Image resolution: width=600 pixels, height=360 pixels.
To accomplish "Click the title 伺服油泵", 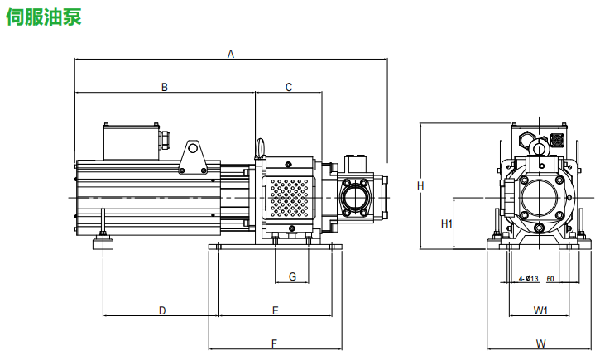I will click(x=43, y=17).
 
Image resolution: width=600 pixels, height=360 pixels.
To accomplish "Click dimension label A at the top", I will click(x=231, y=55).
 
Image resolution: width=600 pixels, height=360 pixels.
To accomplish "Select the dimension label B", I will click(x=165, y=87).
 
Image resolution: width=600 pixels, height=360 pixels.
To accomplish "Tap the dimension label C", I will click(x=289, y=87).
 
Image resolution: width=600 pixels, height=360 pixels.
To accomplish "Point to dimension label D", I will click(x=162, y=310).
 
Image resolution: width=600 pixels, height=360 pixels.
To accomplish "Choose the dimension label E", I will click(x=276, y=310).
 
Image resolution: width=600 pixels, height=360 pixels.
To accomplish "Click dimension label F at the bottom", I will click(x=275, y=343).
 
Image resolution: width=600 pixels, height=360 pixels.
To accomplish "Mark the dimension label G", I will click(x=292, y=276).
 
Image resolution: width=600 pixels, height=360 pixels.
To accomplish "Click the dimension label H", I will click(x=420, y=185).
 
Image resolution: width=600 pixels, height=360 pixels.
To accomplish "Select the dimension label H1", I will click(x=445, y=223).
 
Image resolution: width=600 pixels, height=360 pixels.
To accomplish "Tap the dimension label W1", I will click(x=540, y=310).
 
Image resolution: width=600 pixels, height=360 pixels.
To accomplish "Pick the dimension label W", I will click(x=540, y=343).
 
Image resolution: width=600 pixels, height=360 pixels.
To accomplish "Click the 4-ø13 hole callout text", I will click(x=528, y=279).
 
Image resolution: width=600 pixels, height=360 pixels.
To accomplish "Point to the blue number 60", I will click(x=550, y=279).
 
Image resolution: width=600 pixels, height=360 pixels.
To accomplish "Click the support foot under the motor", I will click(x=103, y=242).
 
